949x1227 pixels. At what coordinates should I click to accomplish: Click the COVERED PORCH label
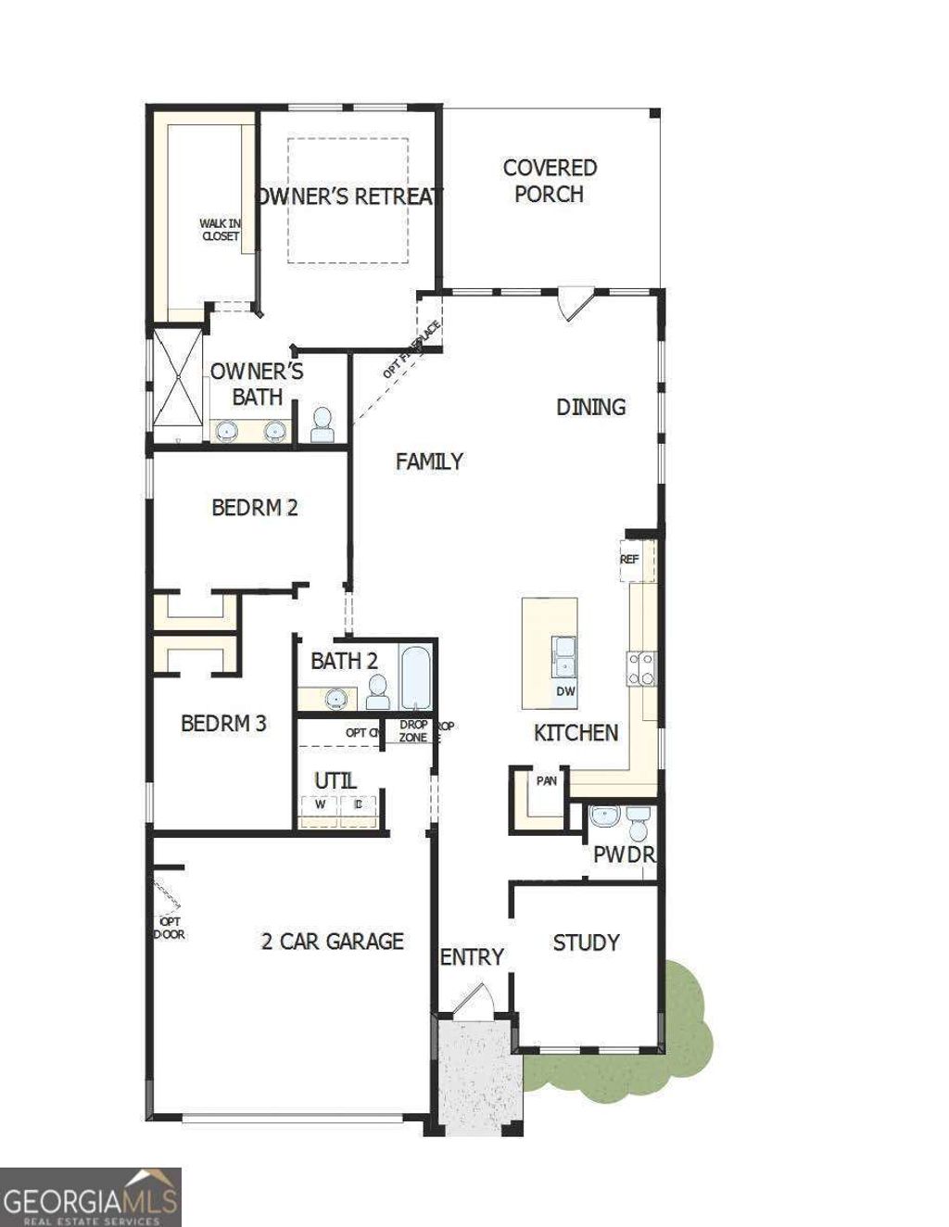click(550, 181)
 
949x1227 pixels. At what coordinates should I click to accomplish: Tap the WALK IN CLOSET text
click(221, 230)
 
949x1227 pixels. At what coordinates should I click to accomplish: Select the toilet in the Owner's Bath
click(323, 425)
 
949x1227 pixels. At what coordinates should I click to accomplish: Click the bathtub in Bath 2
click(416, 679)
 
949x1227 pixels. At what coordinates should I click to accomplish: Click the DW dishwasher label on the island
click(565, 691)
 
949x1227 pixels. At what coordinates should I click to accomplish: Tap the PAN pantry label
click(547, 780)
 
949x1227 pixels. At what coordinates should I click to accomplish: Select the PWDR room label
click(624, 854)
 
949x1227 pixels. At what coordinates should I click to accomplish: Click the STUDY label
click(586, 943)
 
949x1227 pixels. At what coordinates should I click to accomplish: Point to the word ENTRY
click(472, 957)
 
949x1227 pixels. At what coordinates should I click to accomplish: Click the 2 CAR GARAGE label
click(332, 942)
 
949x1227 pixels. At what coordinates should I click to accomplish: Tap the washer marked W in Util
click(320, 805)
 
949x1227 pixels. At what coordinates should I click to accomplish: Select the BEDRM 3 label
click(223, 724)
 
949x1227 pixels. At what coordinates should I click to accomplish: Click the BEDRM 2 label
click(254, 508)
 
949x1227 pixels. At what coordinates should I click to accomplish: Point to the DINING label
click(590, 407)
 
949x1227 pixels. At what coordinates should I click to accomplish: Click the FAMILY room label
click(429, 462)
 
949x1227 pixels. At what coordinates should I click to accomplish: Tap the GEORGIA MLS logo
click(90, 1196)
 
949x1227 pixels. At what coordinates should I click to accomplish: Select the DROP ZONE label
click(413, 731)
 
